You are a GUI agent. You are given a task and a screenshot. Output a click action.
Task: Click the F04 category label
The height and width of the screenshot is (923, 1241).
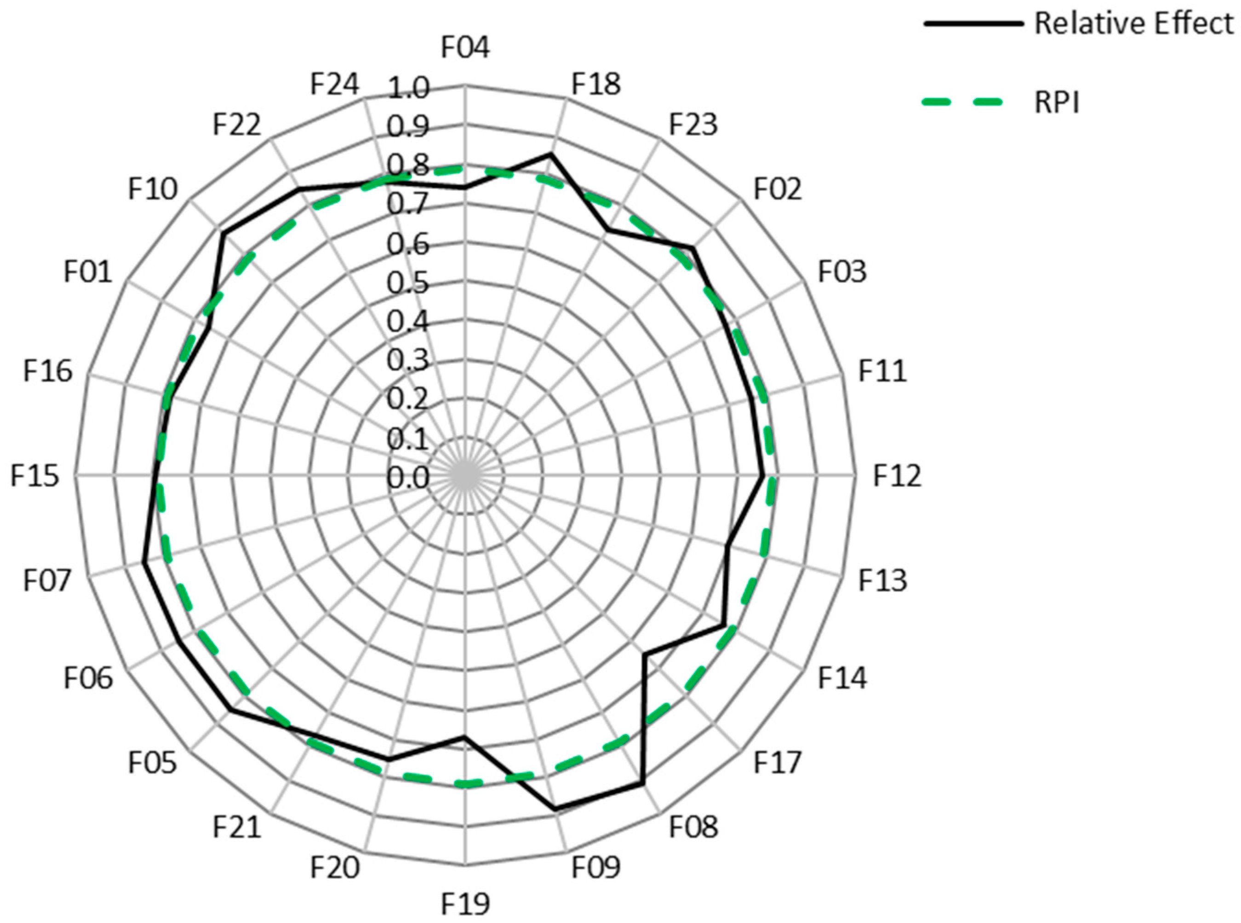[465, 47]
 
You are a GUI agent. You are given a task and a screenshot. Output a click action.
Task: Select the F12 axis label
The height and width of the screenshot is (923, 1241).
[897, 477]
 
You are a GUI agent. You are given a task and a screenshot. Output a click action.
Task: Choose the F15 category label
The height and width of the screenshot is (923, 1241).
[34, 477]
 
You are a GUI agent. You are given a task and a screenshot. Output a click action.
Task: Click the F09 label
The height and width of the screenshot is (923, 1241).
[595, 868]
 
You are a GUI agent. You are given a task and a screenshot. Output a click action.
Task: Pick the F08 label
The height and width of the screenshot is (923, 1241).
[693, 827]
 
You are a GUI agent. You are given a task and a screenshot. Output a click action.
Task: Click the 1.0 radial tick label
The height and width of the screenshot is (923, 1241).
[408, 89]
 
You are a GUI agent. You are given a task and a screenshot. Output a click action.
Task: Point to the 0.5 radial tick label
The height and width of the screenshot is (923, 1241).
[408, 283]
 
